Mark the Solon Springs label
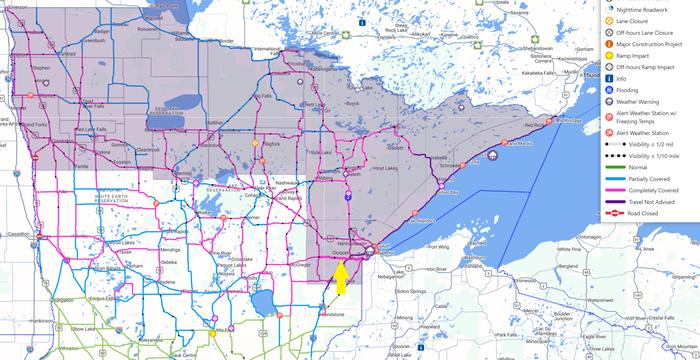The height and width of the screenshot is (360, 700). pos(411,292)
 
